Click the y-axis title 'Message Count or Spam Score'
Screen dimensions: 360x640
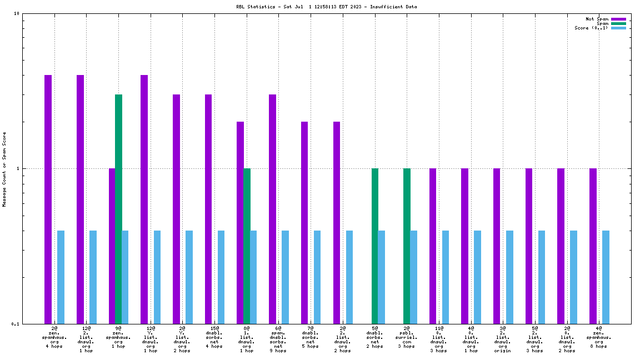click(4, 169)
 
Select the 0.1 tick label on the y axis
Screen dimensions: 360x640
click(15, 324)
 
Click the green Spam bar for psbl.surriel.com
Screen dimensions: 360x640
click(407, 246)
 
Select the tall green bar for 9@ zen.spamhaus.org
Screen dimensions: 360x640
click(118, 209)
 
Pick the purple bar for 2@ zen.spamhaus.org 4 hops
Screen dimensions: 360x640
click(48, 199)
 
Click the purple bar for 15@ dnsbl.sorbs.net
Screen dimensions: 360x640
click(208, 209)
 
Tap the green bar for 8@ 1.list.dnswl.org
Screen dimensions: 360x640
click(247, 246)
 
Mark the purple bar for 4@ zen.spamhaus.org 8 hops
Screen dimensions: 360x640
click(593, 246)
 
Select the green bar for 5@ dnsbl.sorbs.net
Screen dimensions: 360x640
click(375, 246)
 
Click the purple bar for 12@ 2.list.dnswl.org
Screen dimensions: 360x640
click(81, 199)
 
